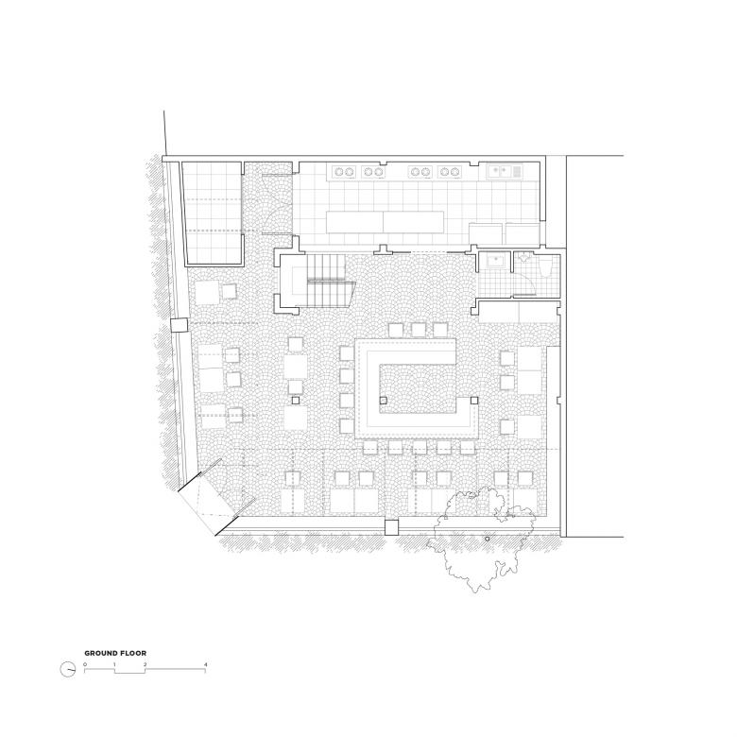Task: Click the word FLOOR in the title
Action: click(x=134, y=653)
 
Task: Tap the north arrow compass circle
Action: click(x=68, y=669)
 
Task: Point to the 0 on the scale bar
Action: click(x=85, y=664)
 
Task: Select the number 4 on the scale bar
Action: click(x=205, y=664)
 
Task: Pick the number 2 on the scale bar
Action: click(x=145, y=664)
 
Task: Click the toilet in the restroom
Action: click(x=547, y=269)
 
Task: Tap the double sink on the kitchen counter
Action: click(x=500, y=171)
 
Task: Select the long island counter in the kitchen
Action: click(x=385, y=222)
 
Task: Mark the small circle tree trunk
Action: click(x=487, y=539)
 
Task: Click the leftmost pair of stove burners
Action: click(x=344, y=172)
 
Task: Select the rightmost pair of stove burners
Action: click(x=450, y=172)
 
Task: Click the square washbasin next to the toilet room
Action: click(x=494, y=261)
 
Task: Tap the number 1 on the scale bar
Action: click(x=114, y=664)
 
